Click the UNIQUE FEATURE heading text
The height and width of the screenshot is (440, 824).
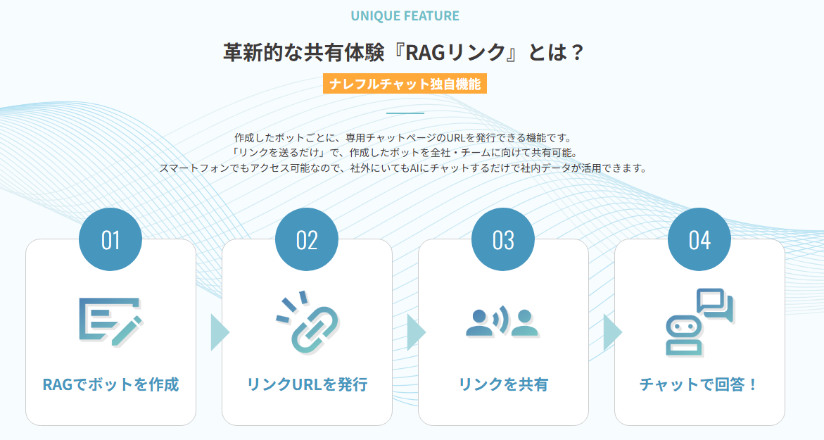tap(405, 15)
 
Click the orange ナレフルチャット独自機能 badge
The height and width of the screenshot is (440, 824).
tap(405, 84)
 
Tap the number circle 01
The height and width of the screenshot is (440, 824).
tap(110, 240)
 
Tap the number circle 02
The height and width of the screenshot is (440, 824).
tap(307, 240)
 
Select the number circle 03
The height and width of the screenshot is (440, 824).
tap(503, 240)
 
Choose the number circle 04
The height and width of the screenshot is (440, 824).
tap(699, 240)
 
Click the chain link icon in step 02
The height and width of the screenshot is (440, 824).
tap(307, 322)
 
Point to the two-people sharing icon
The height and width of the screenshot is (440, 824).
tap(502, 322)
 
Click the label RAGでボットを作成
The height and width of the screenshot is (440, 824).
tap(110, 385)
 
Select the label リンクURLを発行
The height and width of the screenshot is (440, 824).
tap(307, 385)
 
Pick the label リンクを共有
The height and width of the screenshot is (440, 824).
tap(503, 385)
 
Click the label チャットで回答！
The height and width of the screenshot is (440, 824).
tap(699, 385)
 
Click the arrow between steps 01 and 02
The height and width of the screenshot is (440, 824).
tap(219, 332)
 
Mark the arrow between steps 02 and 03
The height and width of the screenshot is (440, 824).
tap(415, 332)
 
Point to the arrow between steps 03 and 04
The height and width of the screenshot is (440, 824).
tap(611, 332)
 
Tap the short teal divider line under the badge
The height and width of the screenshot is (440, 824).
tap(405, 113)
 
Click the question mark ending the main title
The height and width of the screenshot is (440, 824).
tap(578, 53)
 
